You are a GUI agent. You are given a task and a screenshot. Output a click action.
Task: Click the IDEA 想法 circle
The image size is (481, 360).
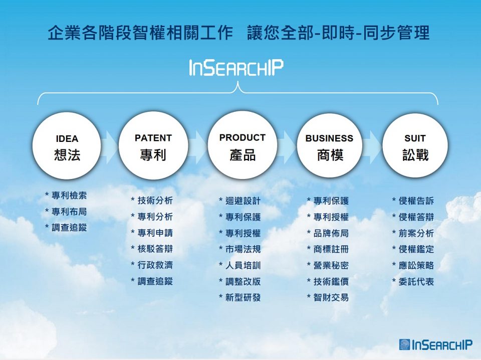click(x=67, y=145)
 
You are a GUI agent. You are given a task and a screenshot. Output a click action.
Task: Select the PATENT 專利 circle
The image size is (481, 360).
click(x=153, y=145)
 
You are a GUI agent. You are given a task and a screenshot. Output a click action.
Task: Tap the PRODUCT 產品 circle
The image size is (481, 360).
click(x=243, y=145)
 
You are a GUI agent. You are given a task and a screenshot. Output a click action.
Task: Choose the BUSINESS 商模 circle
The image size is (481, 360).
click(x=330, y=145)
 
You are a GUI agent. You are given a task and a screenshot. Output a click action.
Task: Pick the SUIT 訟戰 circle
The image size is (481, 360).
click(x=415, y=145)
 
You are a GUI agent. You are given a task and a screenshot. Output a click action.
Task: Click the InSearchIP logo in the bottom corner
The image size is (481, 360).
click(x=435, y=344)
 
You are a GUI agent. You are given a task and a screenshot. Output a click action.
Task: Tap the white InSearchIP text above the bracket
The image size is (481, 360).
click(x=236, y=68)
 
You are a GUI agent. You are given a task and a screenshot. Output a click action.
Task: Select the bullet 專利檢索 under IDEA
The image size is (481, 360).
click(x=66, y=196)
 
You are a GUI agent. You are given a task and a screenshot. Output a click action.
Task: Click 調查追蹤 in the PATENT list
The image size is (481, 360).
click(x=152, y=281)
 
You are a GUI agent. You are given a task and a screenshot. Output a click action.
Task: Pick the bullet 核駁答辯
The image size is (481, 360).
click(x=152, y=249)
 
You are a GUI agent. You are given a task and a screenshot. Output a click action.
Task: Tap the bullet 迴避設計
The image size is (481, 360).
click(x=240, y=201)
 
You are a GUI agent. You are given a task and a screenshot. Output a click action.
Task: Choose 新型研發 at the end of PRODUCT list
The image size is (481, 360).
click(x=240, y=297)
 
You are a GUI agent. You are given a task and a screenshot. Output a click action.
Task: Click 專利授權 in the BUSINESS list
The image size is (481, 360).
click(x=328, y=217)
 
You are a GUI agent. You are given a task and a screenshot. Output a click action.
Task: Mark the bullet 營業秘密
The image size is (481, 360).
click(x=328, y=265)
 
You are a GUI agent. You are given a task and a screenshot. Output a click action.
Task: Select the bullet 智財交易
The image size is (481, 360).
click(x=328, y=297)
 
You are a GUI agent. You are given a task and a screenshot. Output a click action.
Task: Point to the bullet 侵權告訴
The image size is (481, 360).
click(x=413, y=201)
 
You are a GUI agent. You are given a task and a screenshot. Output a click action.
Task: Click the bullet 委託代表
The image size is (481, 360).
click(x=413, y=281)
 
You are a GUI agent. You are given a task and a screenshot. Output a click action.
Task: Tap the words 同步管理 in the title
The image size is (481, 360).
click(x=396, y=33)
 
